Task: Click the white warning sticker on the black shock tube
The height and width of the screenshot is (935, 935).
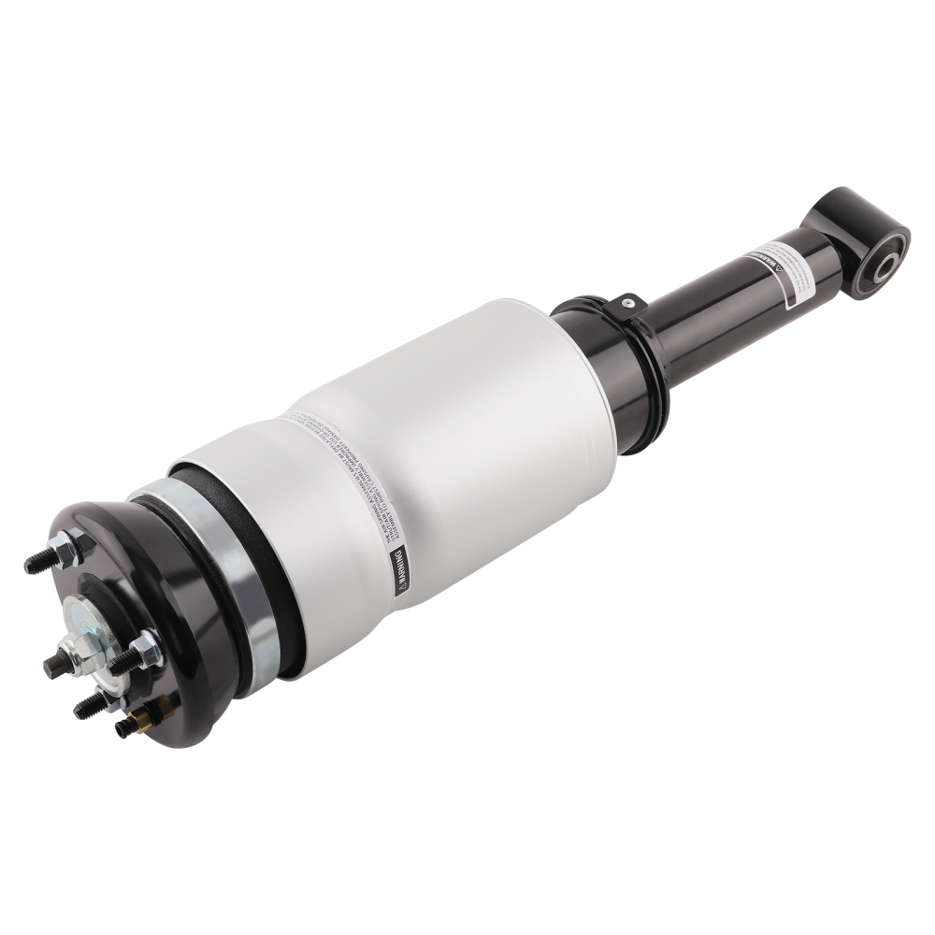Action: [x=776, y=267]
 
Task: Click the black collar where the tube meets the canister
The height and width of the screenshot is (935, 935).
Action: [x=617, y=369]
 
